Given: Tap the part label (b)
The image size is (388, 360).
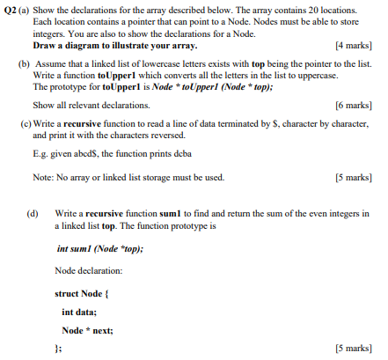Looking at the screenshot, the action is tap(23, 64).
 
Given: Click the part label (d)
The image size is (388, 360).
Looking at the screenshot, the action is tap(33, 214).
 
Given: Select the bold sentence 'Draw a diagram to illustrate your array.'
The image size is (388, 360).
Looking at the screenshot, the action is tap(114, 44).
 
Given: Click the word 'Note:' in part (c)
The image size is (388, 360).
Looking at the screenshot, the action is tap(43, 177).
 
